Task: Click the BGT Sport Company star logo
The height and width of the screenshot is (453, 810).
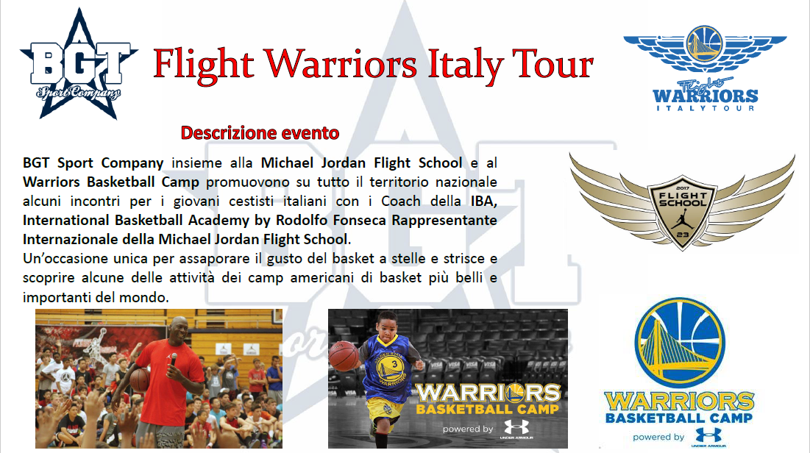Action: tap(79, 64)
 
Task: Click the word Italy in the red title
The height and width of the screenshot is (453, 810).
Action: tap(464, 65)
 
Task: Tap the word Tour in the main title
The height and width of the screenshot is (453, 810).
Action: tap(553, 64)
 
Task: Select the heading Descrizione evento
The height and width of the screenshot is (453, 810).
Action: tap(260, 133)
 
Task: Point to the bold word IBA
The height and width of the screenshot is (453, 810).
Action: tap(483, 201)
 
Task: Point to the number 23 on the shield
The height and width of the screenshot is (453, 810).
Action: tap(683, 235)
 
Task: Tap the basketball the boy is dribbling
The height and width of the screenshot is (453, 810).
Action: tap(344, 356)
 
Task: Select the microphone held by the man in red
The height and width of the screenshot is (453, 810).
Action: tap(173, 361)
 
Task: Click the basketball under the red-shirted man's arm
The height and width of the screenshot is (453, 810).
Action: tap(140, 379)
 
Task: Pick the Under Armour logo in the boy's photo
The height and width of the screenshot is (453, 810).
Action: tap(516, 427)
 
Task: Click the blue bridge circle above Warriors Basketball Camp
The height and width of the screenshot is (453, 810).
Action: tap(680, 343)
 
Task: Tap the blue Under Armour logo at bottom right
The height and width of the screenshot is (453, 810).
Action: tap(708, 436)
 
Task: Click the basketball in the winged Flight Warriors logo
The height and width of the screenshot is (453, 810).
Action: tap(705, 44)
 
